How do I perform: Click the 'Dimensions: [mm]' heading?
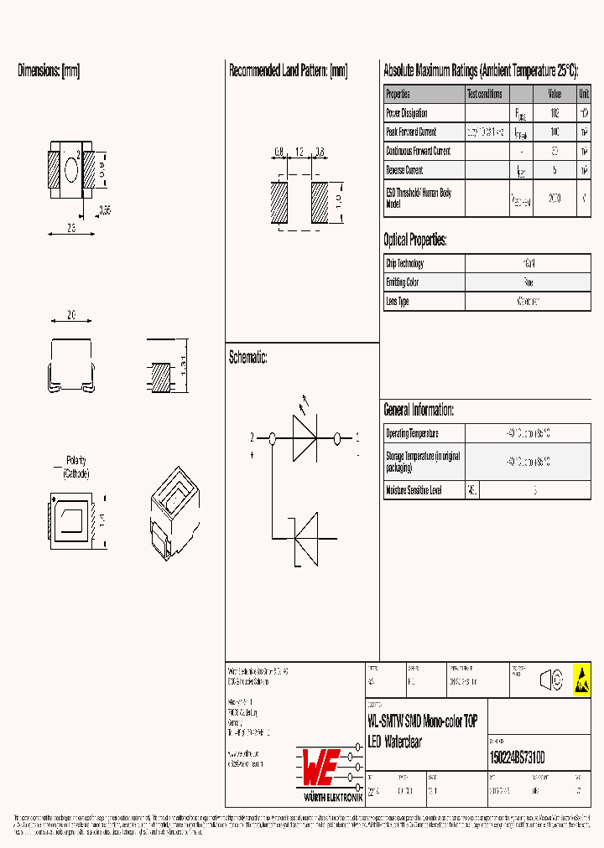coord(49,71)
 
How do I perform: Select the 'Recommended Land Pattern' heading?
coord(288,71)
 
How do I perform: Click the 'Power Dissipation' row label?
coord(407,113)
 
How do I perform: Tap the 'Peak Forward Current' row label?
coord(411,132)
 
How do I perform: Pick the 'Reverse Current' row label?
coord(404,171)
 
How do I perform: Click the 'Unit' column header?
coord(583,95)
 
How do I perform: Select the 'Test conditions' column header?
coord(485,95)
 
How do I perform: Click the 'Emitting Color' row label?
coord(403,283)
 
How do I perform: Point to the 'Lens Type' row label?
coord(398,302)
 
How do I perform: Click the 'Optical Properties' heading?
coord(415,240)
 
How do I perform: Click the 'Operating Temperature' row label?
coord(412,434)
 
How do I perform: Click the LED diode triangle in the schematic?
coord(305,438)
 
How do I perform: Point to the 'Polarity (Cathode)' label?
coord(76,468)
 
